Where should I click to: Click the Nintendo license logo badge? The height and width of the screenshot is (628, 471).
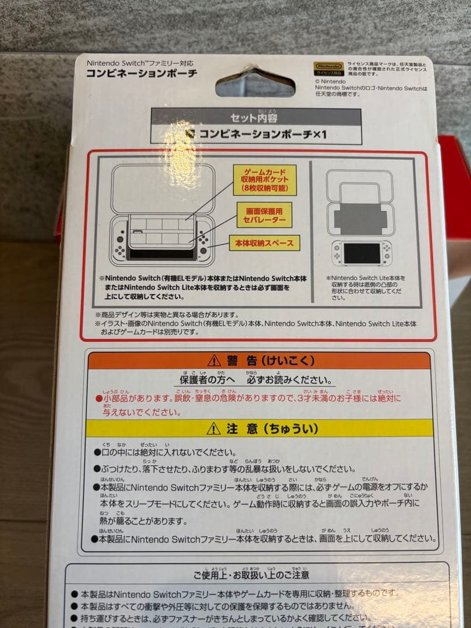(x=329, y=67)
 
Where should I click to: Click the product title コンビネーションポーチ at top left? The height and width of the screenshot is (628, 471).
(x=142, y=73)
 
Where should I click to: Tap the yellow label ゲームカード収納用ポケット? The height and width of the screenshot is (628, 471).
(x=265, y=180)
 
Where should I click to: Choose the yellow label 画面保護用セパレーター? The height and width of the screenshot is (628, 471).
(x=265, y=215)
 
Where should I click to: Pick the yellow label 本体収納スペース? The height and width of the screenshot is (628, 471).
(x=265, y=242)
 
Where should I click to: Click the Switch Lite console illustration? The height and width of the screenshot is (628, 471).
(x=362, y=252)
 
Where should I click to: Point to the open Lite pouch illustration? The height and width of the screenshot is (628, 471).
(x=359, y=204)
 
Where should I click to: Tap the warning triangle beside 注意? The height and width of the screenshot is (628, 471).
(x=213, y=429)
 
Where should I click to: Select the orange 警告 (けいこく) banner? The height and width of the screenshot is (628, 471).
(x=259, y=361)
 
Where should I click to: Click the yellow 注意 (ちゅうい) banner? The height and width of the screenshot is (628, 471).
(x=259, y=429)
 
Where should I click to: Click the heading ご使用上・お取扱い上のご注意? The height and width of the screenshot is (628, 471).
(x=251, y=575)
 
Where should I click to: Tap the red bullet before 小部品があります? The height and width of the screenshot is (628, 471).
(x=98, y=399)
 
